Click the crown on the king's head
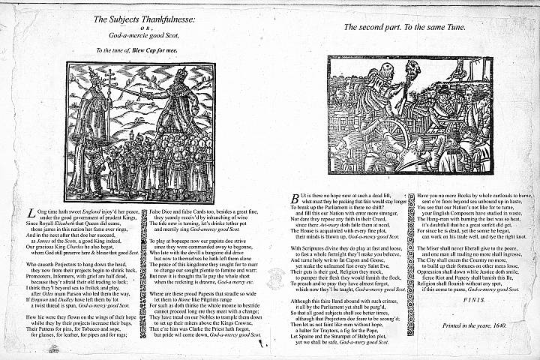click(182, 72)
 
